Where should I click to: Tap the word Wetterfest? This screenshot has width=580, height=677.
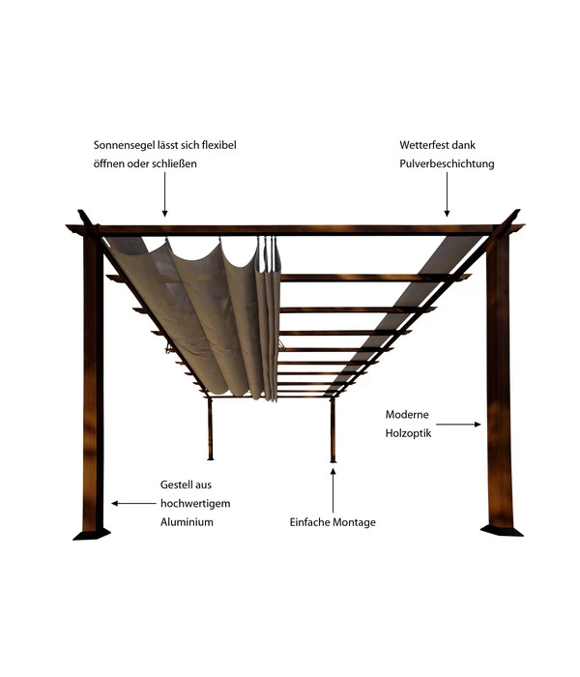[423, 145]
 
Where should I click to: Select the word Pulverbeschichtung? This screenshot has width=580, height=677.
[447, 163]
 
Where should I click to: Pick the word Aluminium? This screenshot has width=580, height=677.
[187, 521]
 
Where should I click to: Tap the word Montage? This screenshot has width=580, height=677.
[353, 522]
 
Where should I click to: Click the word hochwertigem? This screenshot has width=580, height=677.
[195, 503]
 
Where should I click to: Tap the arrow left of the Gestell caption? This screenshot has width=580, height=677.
[133, 503]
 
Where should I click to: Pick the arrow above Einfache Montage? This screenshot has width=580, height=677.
[333, 488]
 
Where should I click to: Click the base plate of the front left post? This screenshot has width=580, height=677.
[92, 532]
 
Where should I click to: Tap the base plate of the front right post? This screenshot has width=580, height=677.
[502, 530]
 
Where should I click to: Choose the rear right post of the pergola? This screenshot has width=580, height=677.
[333, 429]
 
